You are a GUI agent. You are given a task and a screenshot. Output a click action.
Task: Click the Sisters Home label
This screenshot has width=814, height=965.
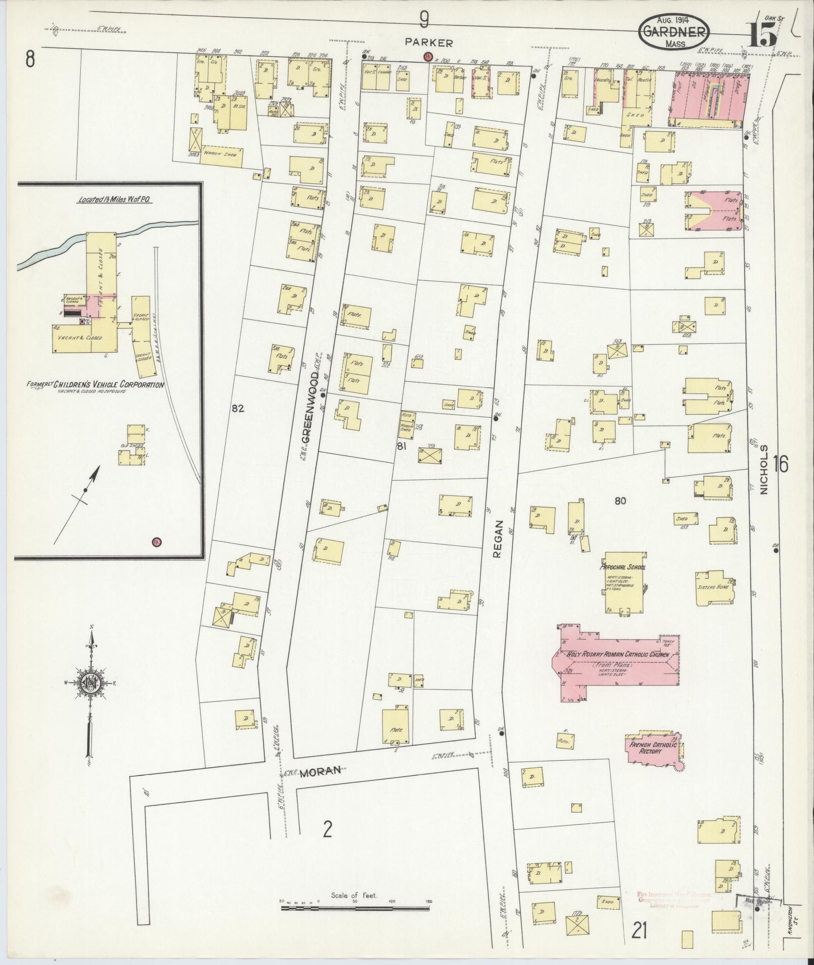tap(712, 588)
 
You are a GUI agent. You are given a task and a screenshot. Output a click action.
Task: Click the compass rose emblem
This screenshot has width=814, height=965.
tap(91, 683)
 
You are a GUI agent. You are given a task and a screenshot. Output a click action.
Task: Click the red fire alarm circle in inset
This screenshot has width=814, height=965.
tap(156, 542)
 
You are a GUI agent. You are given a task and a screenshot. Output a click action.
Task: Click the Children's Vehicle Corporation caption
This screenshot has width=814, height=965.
tap(96, 385)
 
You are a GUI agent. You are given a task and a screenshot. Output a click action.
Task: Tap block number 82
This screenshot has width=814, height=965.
tap(238, 409)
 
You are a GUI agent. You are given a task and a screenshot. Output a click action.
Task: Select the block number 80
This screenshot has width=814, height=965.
tap(620, 501)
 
